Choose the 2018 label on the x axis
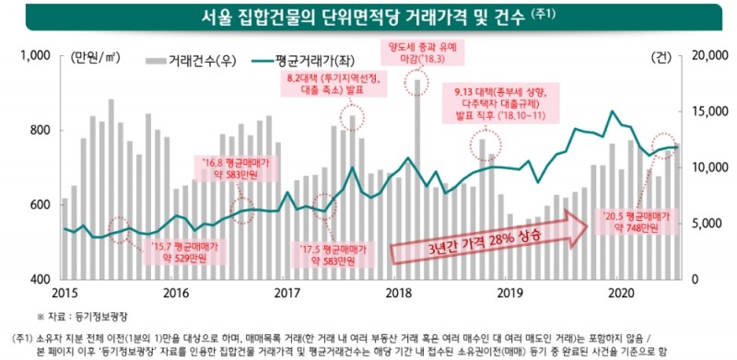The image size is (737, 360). (x=398, y=293)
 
